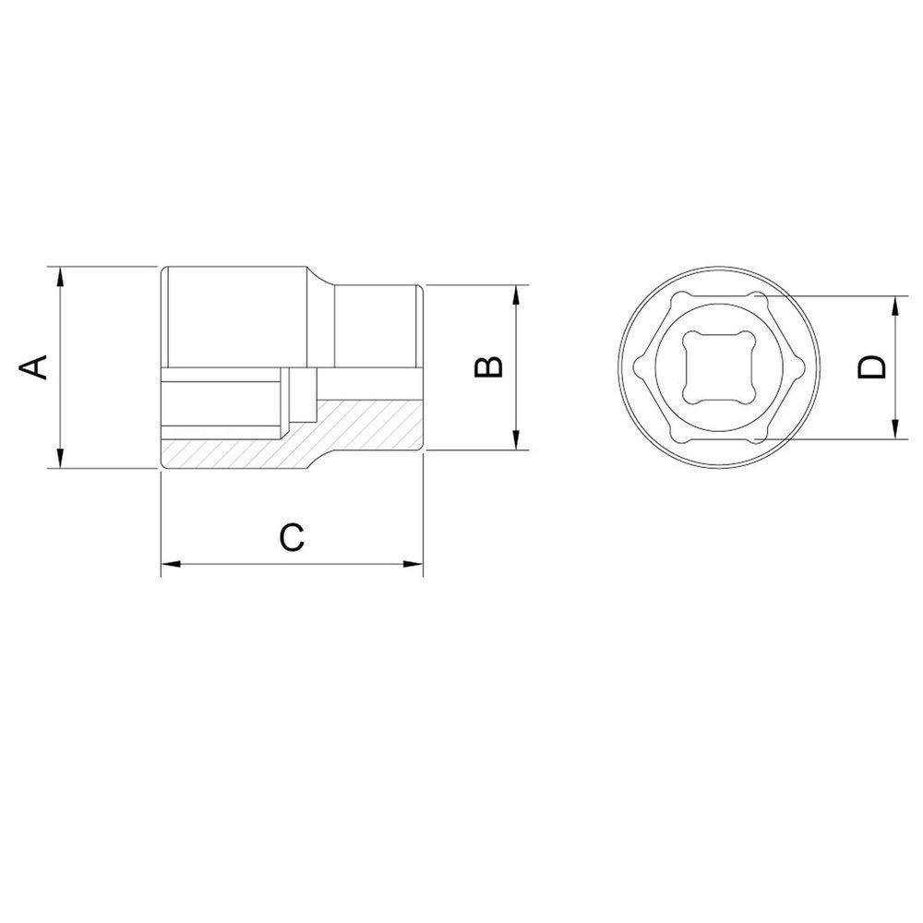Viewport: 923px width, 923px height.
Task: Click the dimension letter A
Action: click(34, 367)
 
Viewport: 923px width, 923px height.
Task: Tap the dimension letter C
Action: click(292, 538)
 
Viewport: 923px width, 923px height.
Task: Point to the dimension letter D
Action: click(870, 367)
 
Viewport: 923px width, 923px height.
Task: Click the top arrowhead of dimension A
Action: click(60, 274)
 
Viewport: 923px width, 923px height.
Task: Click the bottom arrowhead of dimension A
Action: click(60, 461)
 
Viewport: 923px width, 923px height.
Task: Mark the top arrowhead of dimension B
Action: click(516, 292)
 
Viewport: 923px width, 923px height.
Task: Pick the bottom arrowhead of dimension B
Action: click(516, 444)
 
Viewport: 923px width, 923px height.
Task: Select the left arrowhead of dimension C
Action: click(169, 564)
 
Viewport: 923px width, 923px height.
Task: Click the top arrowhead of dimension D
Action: click(895, 303)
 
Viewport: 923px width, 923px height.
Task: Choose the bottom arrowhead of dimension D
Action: click(895, 431)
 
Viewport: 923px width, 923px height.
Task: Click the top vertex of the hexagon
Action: click(759, 297)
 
